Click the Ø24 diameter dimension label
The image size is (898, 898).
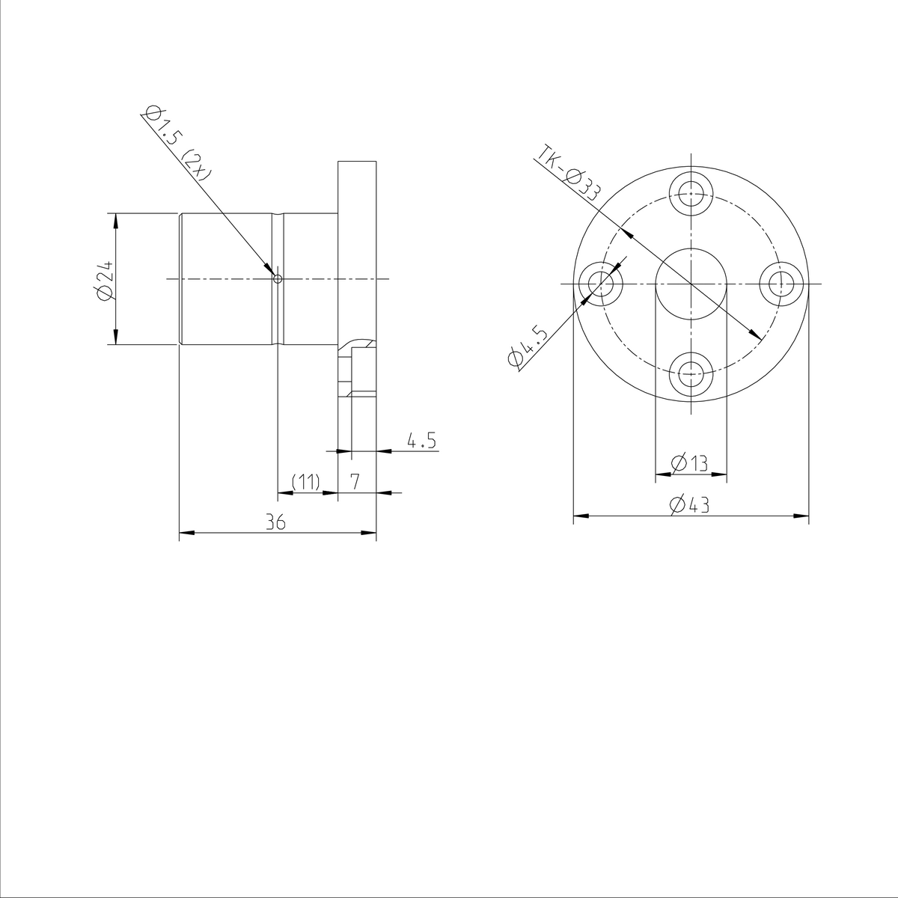[104, 280]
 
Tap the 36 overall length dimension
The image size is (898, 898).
[276, 523]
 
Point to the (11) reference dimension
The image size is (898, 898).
[305, 481]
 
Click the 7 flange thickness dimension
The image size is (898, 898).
[356, 481]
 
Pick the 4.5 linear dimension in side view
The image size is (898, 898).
[421, 440]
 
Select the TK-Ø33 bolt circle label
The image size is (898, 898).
[569, 173]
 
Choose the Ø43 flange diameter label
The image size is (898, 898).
[690, 506]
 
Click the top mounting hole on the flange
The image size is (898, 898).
[691, 193]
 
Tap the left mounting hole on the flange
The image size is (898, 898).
[600, 284]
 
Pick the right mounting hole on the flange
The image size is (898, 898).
[781, 284]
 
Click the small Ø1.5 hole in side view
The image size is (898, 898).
[278, 279]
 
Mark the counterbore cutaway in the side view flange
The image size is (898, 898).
[358, 370]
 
